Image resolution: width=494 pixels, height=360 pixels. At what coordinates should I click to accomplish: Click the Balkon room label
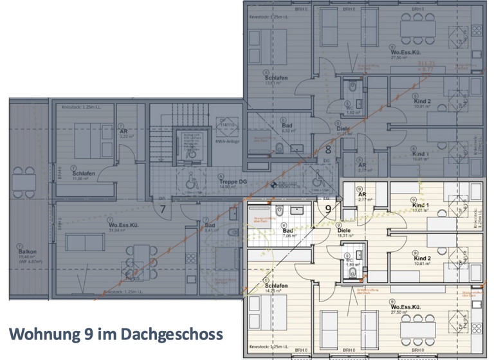coord(28,252)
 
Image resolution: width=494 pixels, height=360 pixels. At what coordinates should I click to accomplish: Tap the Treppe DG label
coord(230,181)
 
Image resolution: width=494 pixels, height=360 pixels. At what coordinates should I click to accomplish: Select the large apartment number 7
coord(163,208)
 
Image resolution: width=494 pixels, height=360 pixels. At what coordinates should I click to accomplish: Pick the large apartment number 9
coord(328,208)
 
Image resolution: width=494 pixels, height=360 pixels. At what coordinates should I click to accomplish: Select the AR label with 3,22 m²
coord(123,130)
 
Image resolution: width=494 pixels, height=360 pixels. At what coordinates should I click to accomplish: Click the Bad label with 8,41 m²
coord(210,226)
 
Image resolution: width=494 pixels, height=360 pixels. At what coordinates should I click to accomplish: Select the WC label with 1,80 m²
coord(352,260)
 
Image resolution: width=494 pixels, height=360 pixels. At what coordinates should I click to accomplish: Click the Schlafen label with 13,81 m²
coord(275,78)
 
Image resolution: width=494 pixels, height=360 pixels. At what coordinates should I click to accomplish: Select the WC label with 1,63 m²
coord(351,107)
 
